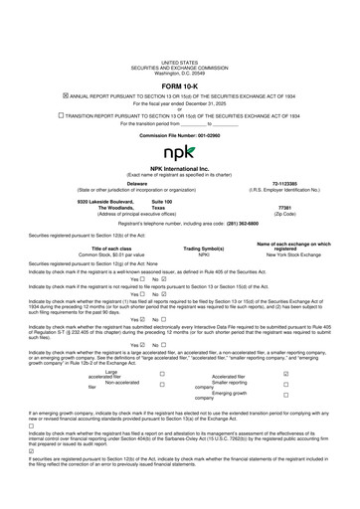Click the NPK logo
pos(179,153)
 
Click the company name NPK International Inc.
pos(179,171)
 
